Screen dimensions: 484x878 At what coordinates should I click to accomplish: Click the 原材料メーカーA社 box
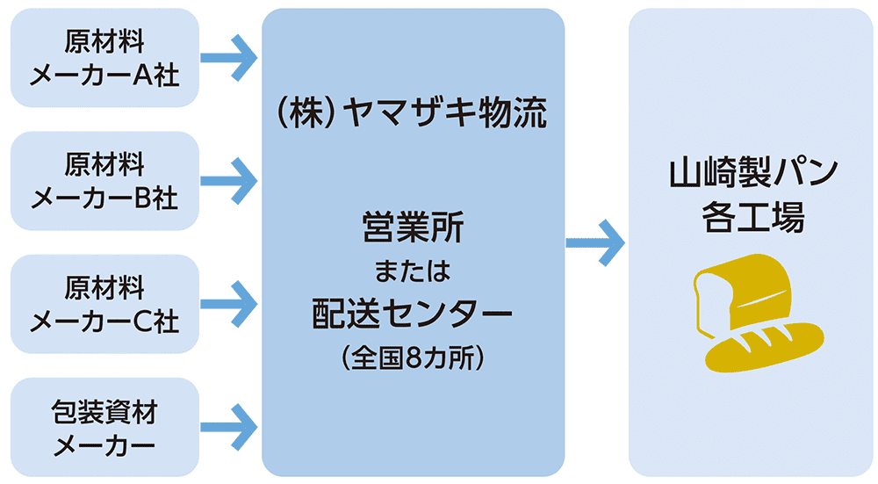click(104, 58)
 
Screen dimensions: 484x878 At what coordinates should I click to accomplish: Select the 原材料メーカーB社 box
click(104, 181)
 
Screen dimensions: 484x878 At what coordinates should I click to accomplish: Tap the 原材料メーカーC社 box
click(104, 304)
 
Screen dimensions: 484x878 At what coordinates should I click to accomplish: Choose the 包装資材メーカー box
click(104, 427)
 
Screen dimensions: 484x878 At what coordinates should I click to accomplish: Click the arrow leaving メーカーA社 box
click(229, 58)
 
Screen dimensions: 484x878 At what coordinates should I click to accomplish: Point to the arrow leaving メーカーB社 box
click(229, 181)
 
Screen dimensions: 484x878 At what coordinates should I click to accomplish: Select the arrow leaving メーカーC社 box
click(229, 304)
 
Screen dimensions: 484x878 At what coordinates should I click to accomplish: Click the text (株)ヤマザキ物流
click(413, 115)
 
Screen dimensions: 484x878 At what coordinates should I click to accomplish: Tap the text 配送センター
click(413, 314)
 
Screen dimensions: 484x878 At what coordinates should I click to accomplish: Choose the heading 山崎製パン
click(752, 174)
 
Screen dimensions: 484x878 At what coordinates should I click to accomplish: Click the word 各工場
click(752, 218)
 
